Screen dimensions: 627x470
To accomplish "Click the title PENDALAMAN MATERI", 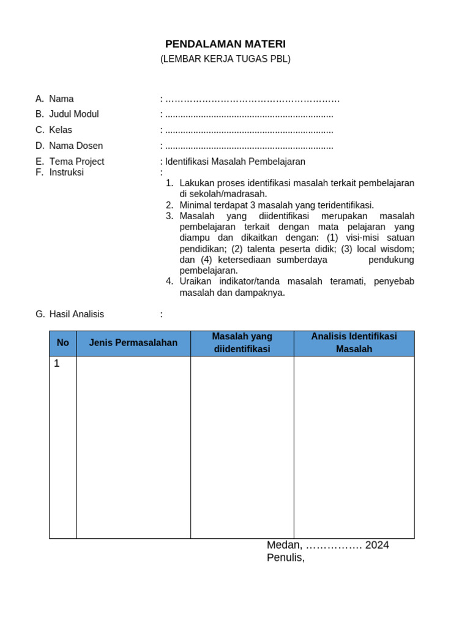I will pos(225,44).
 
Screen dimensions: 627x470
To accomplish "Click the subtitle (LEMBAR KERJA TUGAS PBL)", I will pos(225,59).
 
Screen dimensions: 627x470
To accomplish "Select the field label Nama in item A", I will pos(61,99).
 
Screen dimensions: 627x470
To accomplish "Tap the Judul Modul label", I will pos(73,114).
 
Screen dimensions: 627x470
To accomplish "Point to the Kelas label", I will pos(61,130).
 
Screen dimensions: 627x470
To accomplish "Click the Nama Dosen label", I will pos(76,146).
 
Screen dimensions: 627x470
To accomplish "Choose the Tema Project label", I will pos(76,162).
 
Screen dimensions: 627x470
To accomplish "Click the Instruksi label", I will pos(66,173).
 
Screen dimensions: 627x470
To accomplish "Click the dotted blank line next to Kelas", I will pos(249,130).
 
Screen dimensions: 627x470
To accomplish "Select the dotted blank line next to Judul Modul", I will pos(249,115).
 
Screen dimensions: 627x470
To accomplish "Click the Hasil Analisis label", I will pos(76,314).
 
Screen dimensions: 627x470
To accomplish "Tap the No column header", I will pos(63,343).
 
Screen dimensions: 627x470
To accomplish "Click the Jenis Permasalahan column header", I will pos(133,343).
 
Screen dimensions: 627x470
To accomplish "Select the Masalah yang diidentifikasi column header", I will pos(242,343).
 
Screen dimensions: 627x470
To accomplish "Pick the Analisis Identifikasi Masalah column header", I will pos(354,343).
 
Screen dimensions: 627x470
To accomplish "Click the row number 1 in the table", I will pos(57,364).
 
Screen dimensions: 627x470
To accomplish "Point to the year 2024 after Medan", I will pos(377,545).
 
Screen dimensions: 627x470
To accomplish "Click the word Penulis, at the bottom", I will pos(285,558).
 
